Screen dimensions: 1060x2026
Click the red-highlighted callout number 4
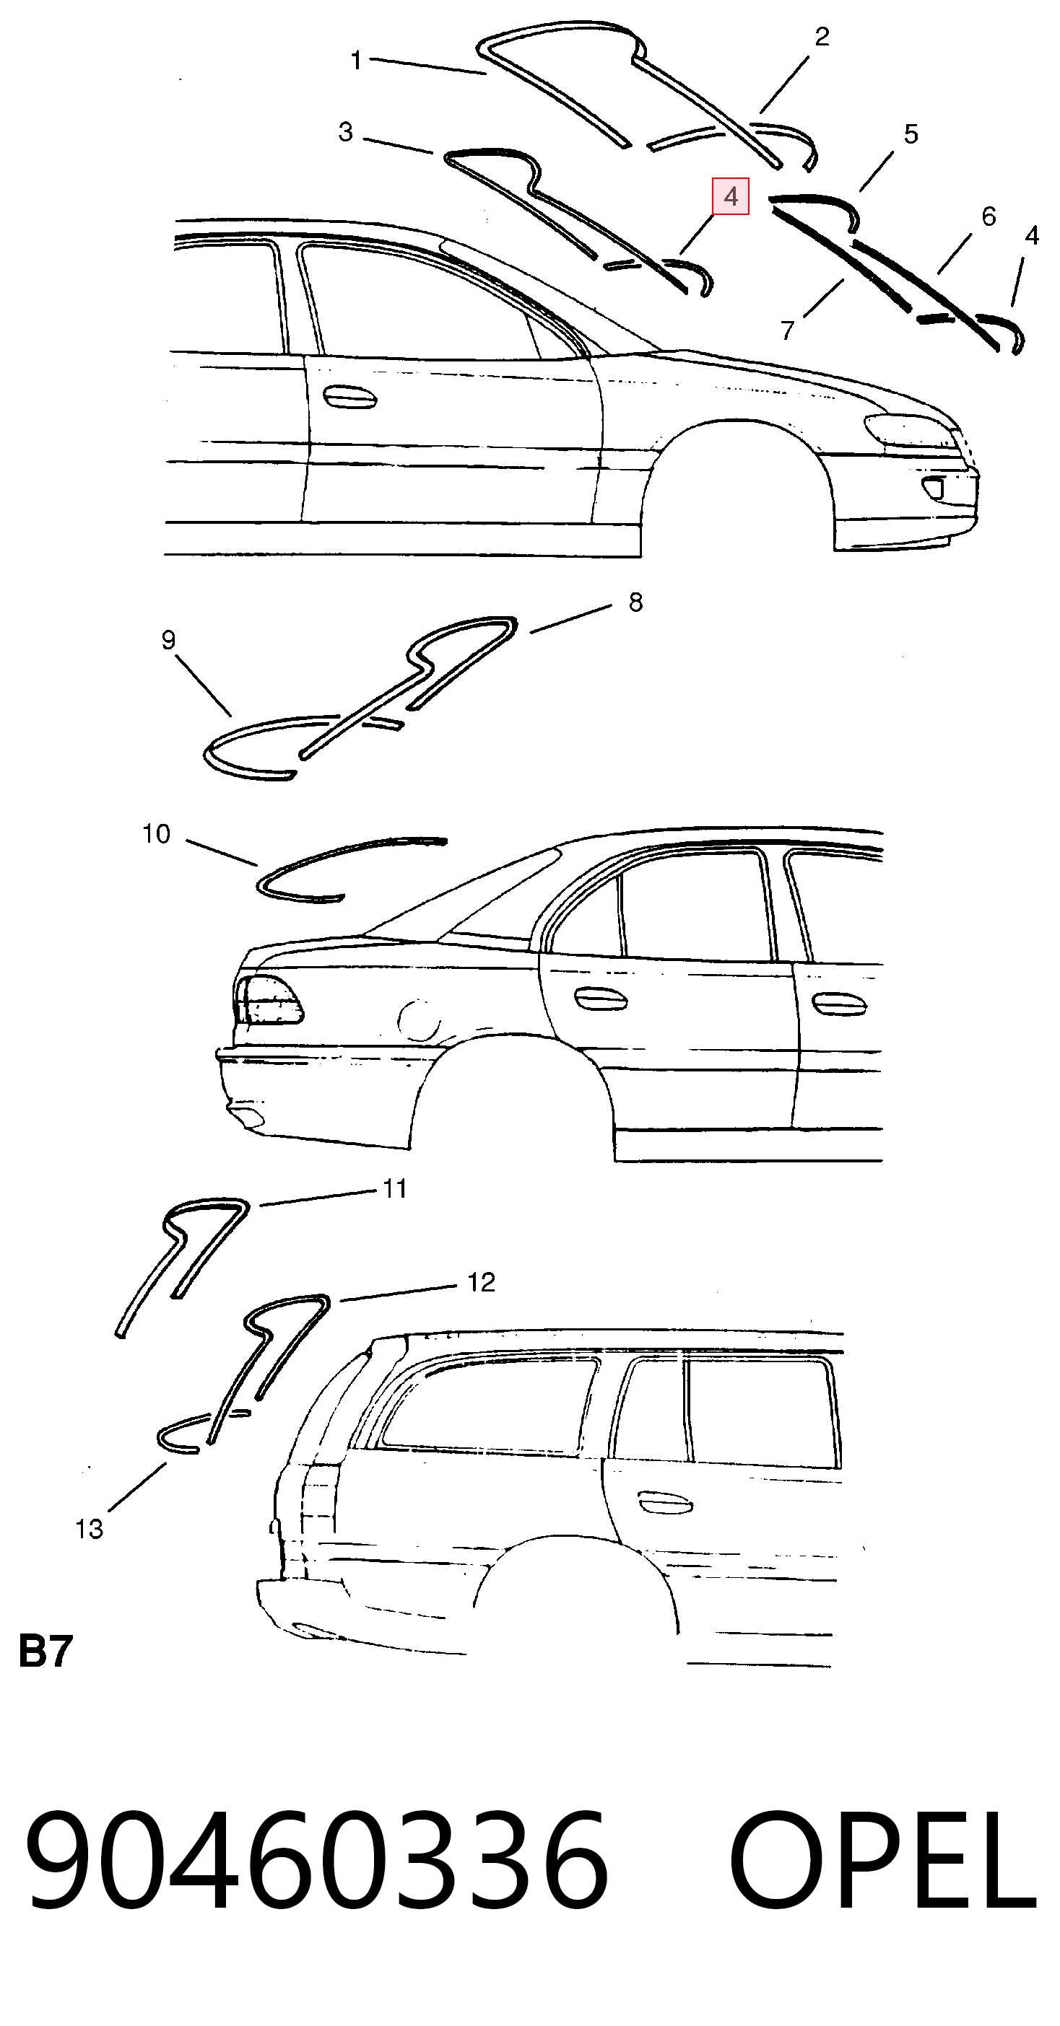(x=730, y=197)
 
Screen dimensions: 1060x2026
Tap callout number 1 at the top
(x=357, y=60)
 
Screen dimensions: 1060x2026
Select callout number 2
(x=822, y=36)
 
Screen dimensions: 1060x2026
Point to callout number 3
(x=345, y=132)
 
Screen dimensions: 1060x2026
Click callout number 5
(x=911, y=134)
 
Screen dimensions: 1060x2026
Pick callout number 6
(x=989, y=216)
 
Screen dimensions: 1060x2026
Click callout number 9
(x=168, y=640)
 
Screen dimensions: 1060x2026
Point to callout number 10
(x=156, y=833)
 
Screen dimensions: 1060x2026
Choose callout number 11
(x=394, y=1188)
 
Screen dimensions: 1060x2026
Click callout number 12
(x=481, y=1283)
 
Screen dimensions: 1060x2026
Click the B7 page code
(x=45, y=1652)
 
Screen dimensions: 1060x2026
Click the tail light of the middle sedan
(x=268, y=999)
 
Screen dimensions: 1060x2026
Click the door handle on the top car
(x=349, y=397)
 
